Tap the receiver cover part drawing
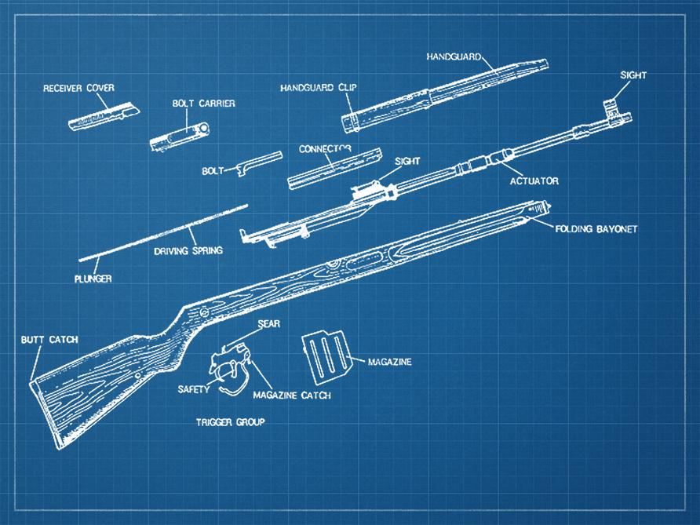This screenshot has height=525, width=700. coord(103,115)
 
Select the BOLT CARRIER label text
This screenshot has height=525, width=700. coord(203,104)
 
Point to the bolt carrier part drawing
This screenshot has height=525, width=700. coord(180,135)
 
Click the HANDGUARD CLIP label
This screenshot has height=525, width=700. coord(318,88)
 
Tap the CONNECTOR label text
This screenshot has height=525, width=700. coord(324,148)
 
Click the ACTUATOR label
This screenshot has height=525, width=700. coord(534,181)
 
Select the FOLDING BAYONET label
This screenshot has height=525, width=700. coord(596,229)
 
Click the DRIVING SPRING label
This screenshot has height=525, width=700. coord(188,251)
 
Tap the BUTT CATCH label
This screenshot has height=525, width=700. coord(49,340)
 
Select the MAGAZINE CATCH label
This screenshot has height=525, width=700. coord(291,396)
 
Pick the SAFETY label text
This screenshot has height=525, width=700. coord(193,389)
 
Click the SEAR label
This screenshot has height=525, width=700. coord(268,323)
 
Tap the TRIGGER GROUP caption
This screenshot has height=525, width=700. coord(230,422)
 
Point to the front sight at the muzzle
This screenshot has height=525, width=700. coord(612,108)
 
